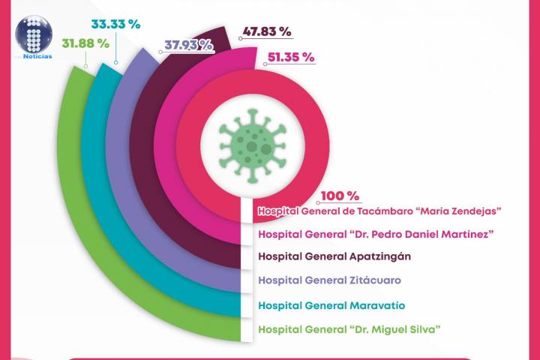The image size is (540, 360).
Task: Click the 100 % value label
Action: click(340, 196)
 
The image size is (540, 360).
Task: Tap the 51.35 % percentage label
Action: click(286, 57)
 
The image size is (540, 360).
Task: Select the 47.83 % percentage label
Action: click(266, 32)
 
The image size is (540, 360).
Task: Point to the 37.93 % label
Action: click(187, 45)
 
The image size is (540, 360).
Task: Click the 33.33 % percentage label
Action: click(115, 24)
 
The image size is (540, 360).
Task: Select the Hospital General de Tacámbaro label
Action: click(379, 212)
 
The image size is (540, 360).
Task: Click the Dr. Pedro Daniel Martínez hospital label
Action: click(375, 234)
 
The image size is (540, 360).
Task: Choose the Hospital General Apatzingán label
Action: click(334, 256)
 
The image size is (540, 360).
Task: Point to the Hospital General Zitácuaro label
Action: click(329, 280)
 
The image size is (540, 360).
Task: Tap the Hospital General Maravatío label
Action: click(331, 305)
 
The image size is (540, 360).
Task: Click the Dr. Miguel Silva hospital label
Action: click(349, 328)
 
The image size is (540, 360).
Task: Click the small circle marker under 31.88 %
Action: click(86, 65)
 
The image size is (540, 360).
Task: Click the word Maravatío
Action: click(377, 305)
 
